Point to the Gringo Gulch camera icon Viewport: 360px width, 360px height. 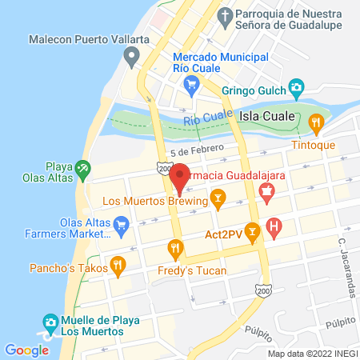click(297, 86)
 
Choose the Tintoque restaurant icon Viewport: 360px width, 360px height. click(317, 122)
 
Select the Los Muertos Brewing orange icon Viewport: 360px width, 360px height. click(216, 198)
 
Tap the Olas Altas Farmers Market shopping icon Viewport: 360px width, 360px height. click(122, 223)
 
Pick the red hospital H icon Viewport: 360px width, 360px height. click(274, 227)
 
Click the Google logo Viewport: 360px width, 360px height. click(26, 350)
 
